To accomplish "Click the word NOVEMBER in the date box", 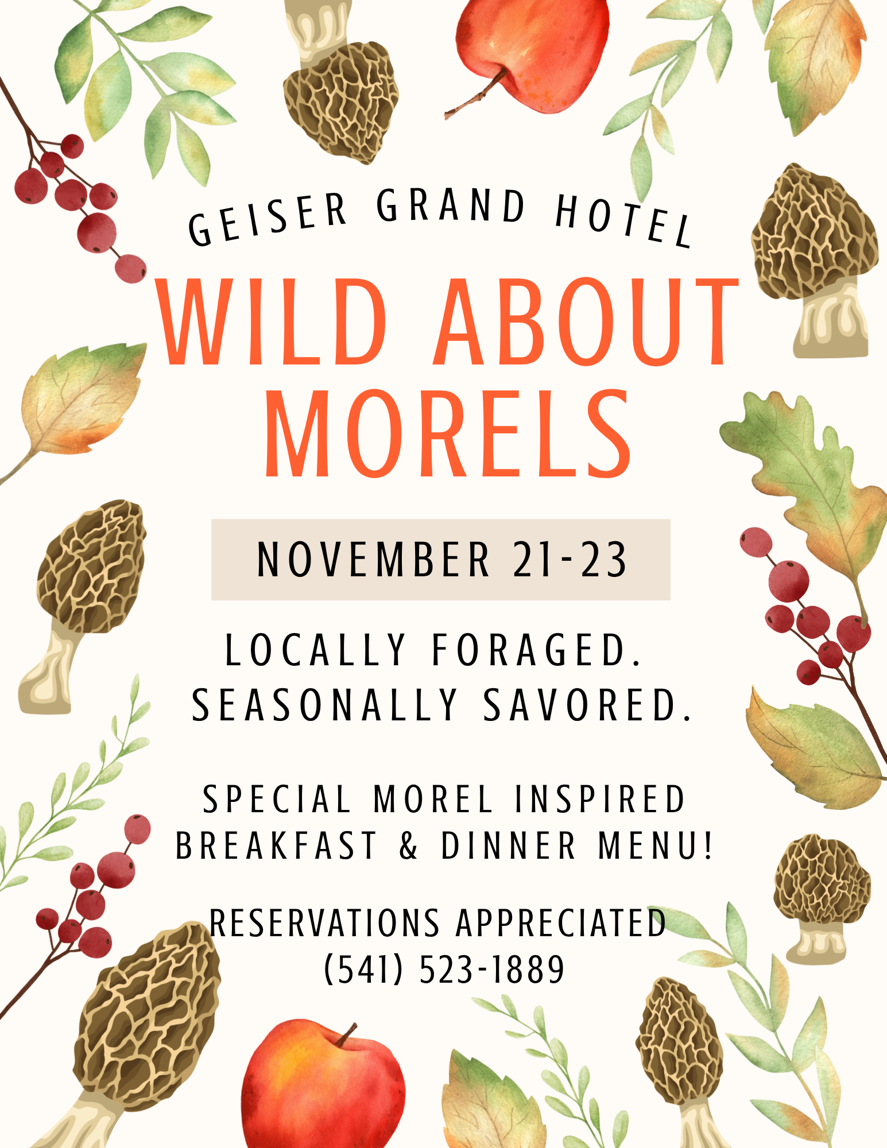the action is click(x=373, y=560).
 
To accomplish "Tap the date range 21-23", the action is click(x=570, y=560).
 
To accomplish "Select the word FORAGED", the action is click(x=536, y=650).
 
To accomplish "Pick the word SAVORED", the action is click(x=587, y=704).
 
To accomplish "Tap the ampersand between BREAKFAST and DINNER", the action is click(x=409, y=846).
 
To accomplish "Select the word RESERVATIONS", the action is click(x=324, y=923).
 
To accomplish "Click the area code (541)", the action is click(x=364, y=969).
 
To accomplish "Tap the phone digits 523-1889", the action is click(x=492, y=969).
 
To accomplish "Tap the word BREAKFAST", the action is click(x=276, y=846).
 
